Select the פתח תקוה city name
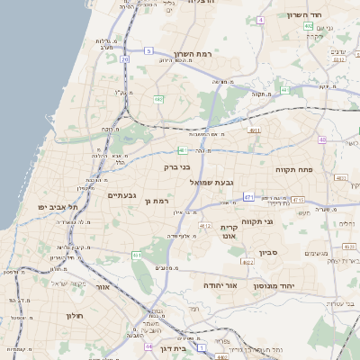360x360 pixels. (293, 168)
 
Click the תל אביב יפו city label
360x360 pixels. (58, 207)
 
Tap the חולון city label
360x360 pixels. (74, 315)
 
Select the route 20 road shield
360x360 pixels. (123, 60)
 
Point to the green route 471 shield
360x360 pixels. (247, 196)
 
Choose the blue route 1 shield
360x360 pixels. (202, 346)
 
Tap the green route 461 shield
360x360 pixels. (137, 256)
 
